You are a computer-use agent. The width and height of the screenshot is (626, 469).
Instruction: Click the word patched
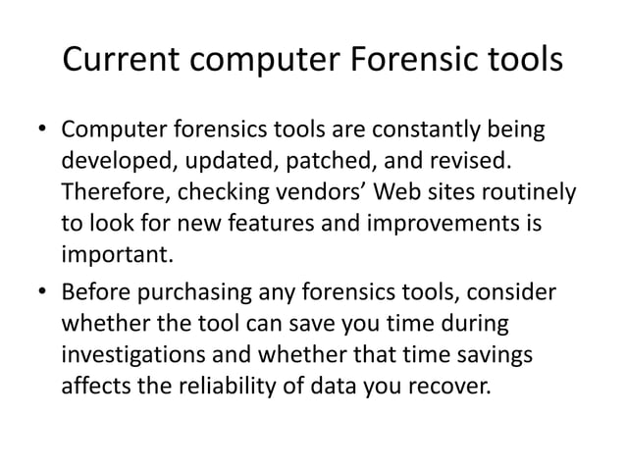pyautogui.click(x=312, y=159)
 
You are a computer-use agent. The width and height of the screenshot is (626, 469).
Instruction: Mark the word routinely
pyautogui.click(x=520, y=186)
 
